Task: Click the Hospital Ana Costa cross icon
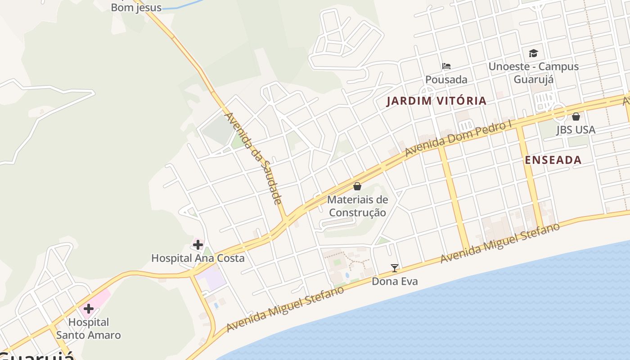tap(198, 245)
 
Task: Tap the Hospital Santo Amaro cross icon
tap(89, 309)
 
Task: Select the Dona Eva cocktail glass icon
tap(395, 268)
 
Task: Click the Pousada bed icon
tap(446, 66)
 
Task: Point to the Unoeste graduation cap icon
tap(533, 53)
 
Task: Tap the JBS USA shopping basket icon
tap(576, 117)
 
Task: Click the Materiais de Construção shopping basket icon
tap(357, 186)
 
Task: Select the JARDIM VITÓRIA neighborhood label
tap(436, 101)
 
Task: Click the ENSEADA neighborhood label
tap(553, 160)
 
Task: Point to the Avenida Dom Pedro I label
tap(459, 138)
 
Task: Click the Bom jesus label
tap(136, 7)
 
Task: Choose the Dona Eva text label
tap(395, 281)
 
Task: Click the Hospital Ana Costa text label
tap(198, 258)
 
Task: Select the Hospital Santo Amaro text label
tap(89, 328)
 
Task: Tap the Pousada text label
tap(446, 80)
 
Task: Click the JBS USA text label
tap(576, 130)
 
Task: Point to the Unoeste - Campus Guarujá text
tap(533, 73)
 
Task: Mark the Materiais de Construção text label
tap(357, 206)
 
